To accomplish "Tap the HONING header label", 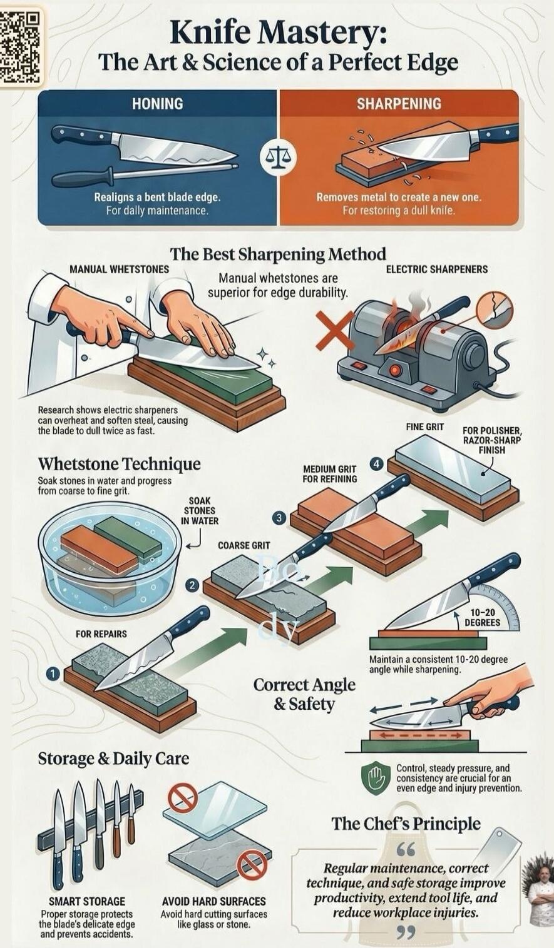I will [157, 104].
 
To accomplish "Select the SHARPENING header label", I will [399, 104].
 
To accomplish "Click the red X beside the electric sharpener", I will [336, 331].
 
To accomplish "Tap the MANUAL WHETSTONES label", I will [119, 270].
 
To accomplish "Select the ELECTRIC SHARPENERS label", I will [436, 270].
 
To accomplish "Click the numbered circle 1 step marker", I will [53, 674].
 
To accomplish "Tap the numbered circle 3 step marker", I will [279, 518].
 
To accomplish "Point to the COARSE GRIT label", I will [244, 545].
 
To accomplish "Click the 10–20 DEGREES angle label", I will [482, 617].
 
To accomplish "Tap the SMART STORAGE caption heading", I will [87, 901].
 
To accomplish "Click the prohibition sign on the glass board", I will [183, 799].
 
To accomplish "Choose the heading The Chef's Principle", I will [406, 824].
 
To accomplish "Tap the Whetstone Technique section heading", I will [120, 464].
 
